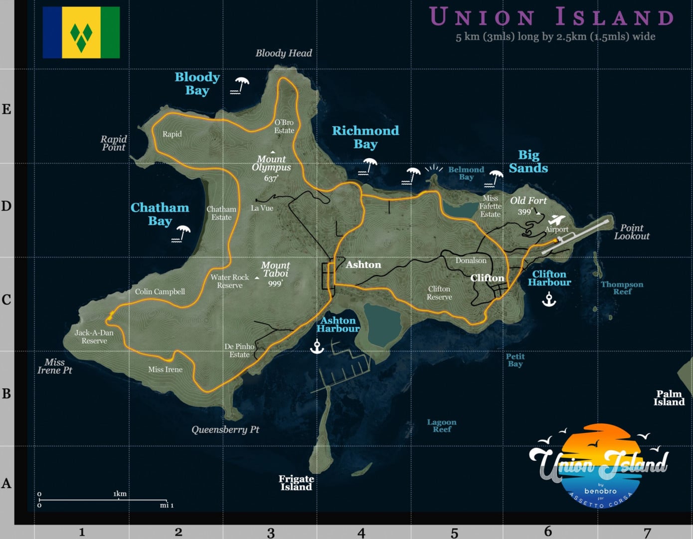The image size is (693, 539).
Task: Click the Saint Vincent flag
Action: pos(81,32)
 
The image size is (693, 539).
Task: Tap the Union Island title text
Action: pos(551,16)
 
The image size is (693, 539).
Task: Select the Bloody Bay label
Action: pos(197,83)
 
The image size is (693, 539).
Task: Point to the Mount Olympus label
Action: pos(271,163)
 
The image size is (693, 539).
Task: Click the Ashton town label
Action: pos(363,265)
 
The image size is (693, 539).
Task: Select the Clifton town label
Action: pos(487,278)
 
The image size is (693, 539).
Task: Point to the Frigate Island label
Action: pos(296,483)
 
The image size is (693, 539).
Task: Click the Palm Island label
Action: pos(669,398)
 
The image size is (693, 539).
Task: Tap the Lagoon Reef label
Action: pos(442,425)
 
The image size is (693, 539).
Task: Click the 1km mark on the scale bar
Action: pos(120,494)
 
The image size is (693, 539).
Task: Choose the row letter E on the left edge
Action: pos(6,109)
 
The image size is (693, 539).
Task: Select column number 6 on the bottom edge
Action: pos(548,531)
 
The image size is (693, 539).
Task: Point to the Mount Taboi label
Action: pos(275,269)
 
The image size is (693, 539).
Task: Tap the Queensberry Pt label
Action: pos(225,429)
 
